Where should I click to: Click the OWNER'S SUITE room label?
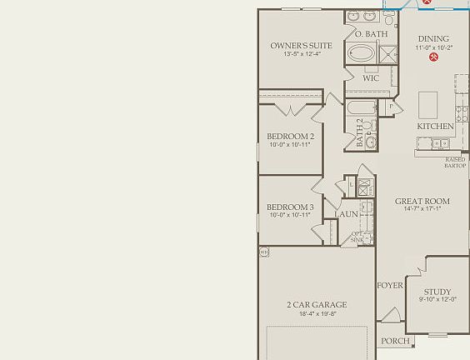click(x=301, y=46)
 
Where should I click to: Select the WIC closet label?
click(x=371, y=78)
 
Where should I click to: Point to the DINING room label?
click(x=433, y=38)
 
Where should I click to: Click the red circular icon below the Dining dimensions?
click(x=433, y=57)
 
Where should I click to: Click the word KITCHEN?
click(x=435, y=127)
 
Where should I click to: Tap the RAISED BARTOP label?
click(x=455, y=162)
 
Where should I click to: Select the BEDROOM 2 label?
click(x=290, y=137)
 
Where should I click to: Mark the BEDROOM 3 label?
click(x=290, y=207)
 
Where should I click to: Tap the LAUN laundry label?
click(x=347, y=214)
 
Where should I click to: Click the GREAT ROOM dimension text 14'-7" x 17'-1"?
click(x=422, y=209)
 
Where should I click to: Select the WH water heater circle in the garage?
click(x=264, y=251)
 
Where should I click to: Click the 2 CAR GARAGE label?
click(x=317, y=305)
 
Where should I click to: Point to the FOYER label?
click(x=390, y=286)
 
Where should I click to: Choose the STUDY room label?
click(x=437, y=292)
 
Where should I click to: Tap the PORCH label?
click(x=395, y=341)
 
